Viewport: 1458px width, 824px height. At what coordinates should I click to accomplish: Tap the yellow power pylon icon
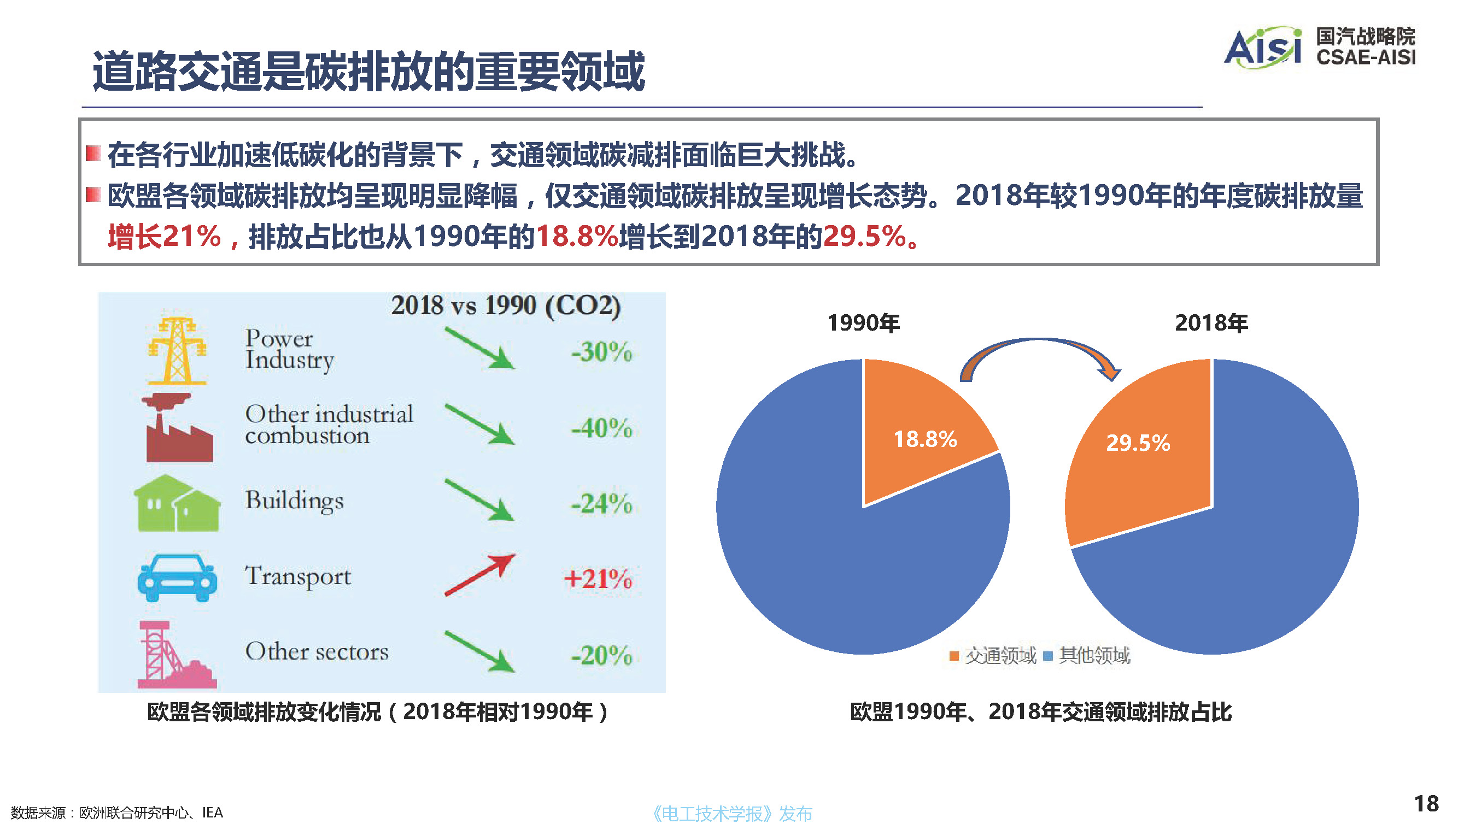(177, 351)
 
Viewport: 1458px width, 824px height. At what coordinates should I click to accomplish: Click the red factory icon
(178, 428)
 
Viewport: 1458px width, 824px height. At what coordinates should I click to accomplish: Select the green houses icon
(177, 504)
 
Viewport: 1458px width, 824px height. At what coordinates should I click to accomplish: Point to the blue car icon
(177, 577)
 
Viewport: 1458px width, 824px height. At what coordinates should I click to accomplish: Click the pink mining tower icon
(175, 655)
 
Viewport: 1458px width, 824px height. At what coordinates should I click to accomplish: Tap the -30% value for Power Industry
(601, 352)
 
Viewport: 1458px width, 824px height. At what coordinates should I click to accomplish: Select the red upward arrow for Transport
(480, 575)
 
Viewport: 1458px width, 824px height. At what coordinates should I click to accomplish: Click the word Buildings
(295, 501)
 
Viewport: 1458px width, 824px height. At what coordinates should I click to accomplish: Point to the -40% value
(601, 428)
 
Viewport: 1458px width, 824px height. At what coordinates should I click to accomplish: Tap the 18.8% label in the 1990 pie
(925, 439)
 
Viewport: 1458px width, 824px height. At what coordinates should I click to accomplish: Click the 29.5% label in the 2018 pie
(1138, 443)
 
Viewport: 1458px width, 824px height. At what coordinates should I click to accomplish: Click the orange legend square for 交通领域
(954, 656)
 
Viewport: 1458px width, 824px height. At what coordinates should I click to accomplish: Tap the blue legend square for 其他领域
(1048, 656)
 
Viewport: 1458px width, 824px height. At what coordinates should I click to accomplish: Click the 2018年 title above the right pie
(1211, 323)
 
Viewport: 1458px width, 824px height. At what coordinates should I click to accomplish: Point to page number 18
(1426, 804)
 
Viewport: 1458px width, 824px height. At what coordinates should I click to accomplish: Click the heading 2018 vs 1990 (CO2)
(506, 305)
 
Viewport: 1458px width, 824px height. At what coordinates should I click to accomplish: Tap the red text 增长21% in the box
(164, 237)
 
